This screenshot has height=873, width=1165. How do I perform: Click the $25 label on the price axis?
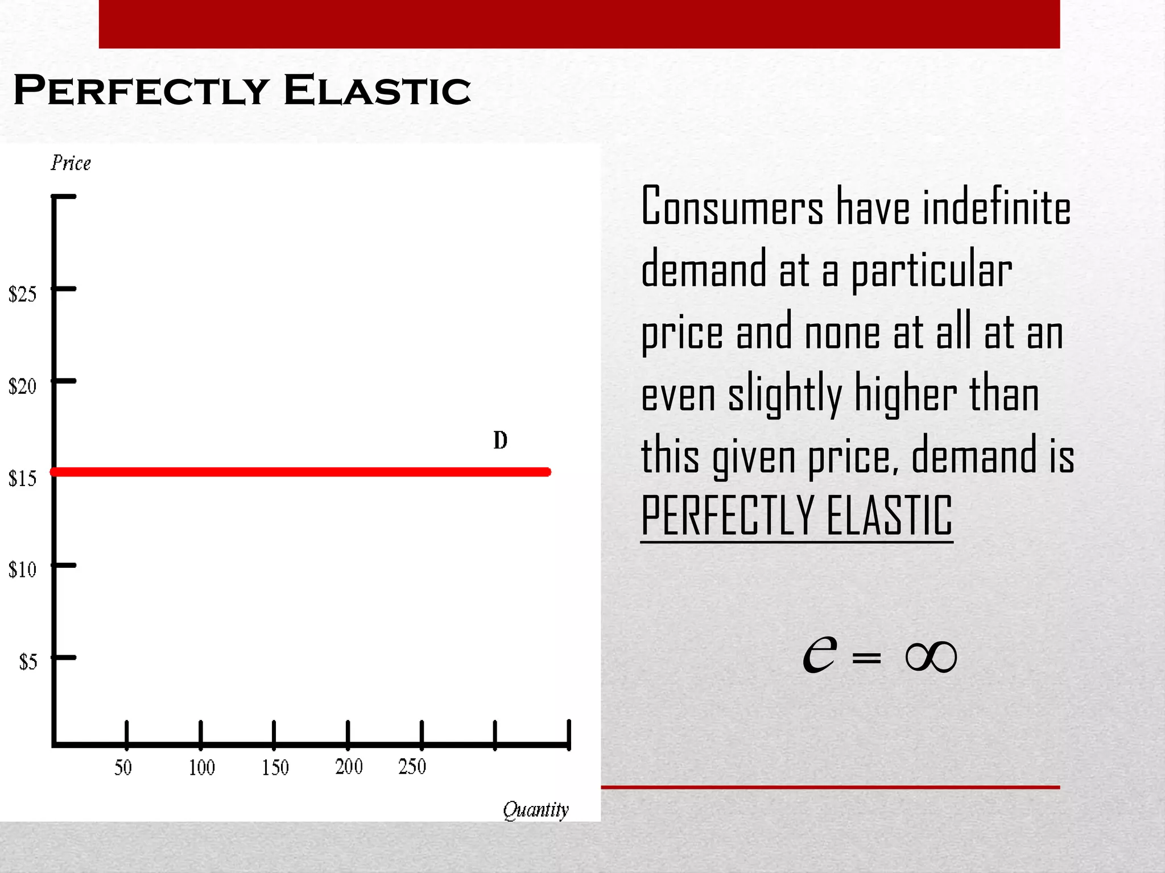(x=22, y=294)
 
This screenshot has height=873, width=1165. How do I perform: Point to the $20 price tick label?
(x=22, y=386)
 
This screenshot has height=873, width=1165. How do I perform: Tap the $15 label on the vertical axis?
(x=22, y=479)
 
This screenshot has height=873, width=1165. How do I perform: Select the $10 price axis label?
(x=22, y=569)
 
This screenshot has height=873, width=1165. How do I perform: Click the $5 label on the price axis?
(x=28, y=662)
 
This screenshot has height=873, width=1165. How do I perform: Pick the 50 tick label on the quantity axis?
(x=123, y=768)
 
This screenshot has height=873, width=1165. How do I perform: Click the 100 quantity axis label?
(x=201, y=768)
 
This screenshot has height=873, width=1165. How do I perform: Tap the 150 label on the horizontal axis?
(x=275, y=768)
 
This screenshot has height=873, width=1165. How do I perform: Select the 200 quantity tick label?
(x=349, y=767)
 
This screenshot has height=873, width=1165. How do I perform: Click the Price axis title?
(x=71, y=163)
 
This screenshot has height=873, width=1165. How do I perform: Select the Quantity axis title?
(x=535, y=810)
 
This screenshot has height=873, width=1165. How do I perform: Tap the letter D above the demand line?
(x=500, y=440)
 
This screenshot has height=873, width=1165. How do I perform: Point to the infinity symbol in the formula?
(x=931, y=657)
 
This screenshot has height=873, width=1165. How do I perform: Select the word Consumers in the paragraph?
(x=732, y=206)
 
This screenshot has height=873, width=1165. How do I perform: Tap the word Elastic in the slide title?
(x=377, y=90)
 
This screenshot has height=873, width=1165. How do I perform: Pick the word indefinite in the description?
(x=996, y=206)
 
